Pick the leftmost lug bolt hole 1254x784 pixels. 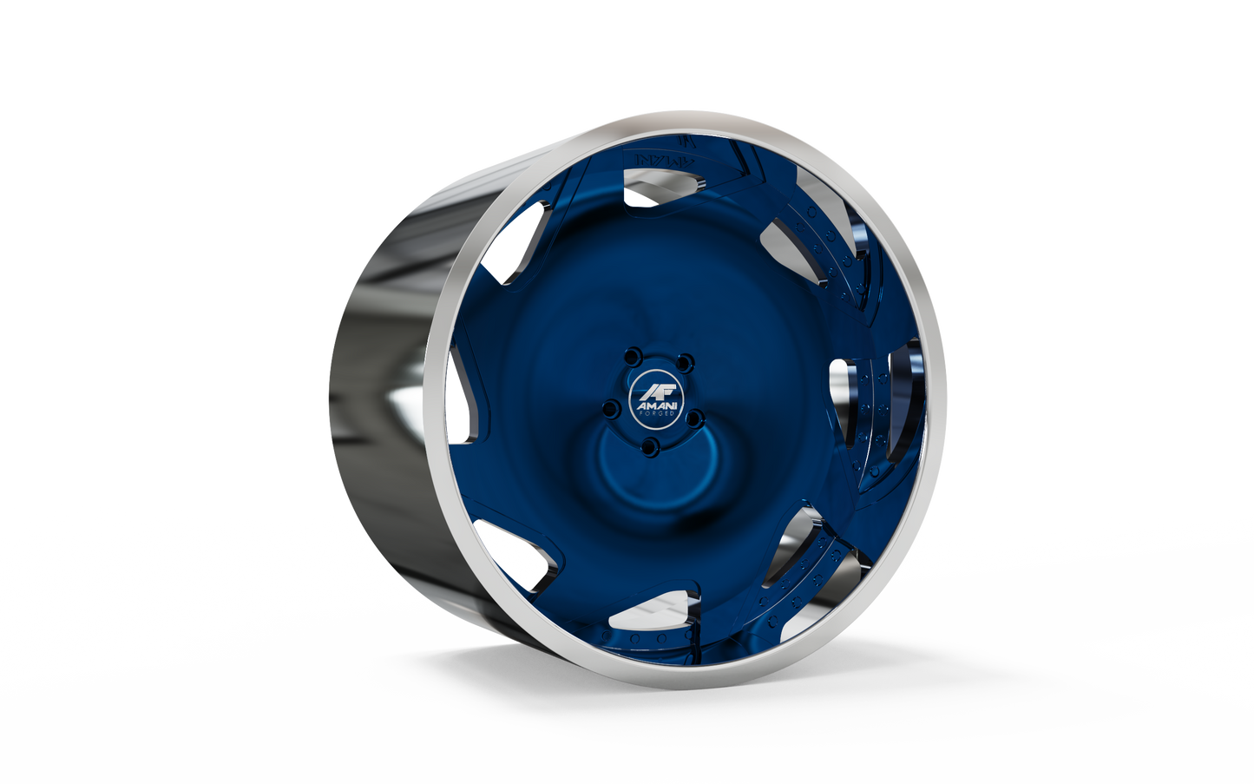click(x=609, y=406)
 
